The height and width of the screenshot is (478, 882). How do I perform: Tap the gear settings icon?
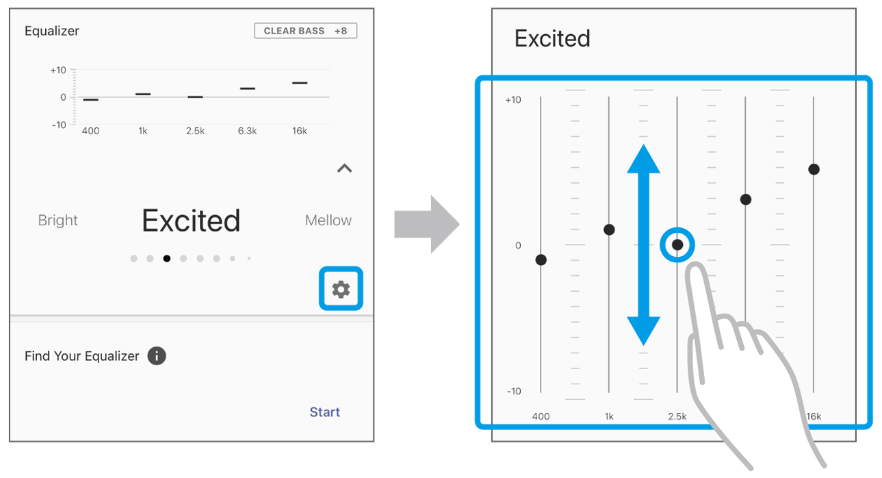point(341,290)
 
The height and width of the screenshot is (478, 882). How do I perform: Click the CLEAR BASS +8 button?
point(306,31)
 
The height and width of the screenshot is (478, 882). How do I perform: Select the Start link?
point(325,412)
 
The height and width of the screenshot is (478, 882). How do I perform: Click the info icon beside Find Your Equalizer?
point(157,356)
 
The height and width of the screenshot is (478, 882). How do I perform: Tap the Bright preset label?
point(58,220)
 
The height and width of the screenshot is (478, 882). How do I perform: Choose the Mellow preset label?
point(328,220)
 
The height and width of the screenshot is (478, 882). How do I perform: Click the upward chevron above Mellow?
point(345,168)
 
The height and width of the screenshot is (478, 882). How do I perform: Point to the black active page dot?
point(167,258)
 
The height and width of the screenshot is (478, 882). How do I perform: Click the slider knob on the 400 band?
point(541,260)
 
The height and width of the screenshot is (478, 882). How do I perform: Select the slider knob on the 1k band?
point(609,229)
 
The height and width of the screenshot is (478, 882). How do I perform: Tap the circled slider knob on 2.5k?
point(677,244)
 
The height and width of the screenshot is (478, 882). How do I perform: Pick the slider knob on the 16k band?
point(814,169)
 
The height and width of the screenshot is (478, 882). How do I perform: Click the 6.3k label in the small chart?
point(247,131)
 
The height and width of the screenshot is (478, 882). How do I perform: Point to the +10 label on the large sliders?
point(513,100)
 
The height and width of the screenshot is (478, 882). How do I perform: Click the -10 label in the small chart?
point(59,125)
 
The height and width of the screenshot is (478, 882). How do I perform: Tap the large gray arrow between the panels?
point(427,224)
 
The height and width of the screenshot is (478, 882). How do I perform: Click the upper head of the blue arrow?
point(643,159)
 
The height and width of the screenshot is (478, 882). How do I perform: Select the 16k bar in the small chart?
point(300,83)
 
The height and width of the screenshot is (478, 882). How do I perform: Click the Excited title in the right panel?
point(552,38)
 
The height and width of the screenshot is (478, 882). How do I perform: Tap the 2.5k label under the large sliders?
point(677,416)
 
